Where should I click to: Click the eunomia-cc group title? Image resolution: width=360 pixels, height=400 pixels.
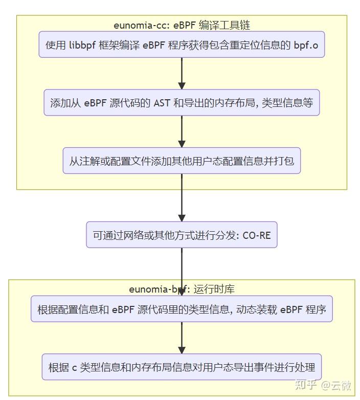(x=182, y=25)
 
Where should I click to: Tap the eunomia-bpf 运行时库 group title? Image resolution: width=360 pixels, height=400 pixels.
(x=182, y=289)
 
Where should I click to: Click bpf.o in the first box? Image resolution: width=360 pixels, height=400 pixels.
(x=305, y=45)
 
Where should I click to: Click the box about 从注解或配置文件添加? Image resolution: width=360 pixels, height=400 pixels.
(x=182, y=161)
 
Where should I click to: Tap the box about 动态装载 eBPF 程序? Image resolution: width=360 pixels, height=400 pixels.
(x=182, y=309)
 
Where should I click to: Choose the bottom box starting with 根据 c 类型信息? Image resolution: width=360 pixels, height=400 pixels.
(x=182, y=367)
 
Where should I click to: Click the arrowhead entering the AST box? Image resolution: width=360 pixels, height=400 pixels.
(x=182, y=85)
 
